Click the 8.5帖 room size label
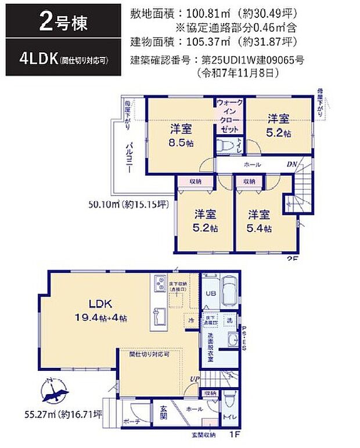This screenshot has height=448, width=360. pos(181,143)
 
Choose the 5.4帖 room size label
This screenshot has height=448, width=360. pos(260,228)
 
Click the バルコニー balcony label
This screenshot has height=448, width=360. pos(131,158)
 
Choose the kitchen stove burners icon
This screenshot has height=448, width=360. pos(160,284)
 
